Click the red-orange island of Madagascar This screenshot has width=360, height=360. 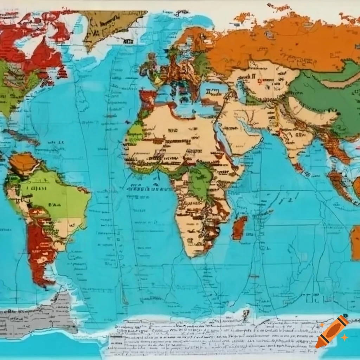[239, 227]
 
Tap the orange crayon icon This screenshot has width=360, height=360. [332, 331]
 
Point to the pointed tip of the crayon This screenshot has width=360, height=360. [318, 346]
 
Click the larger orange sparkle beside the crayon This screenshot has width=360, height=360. [345, 337]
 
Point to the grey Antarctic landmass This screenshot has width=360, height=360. [39, 316]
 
